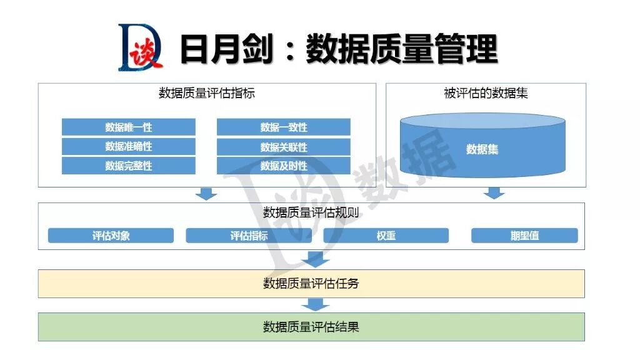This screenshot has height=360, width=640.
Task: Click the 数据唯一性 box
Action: coord(128,127)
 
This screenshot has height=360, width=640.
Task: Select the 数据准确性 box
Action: coord(128,146)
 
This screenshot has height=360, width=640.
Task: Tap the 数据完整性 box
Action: coord(128,166)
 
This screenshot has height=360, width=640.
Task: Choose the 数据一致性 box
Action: coord(283,127)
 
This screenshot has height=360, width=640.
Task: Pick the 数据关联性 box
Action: coord(283,147)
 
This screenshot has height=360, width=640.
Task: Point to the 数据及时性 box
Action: coord(283,166)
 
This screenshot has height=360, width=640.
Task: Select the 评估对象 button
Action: coord(111,236)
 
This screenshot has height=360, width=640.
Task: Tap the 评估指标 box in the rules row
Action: coord(249,236)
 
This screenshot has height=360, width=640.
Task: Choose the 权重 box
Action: coord(386,236)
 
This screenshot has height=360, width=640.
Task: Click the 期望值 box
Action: coord(524,236)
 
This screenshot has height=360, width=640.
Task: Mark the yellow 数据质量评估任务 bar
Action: coord(311,284)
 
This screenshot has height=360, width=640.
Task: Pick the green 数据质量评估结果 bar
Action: coord(311,327)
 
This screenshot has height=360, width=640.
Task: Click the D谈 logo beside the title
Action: coord(140,47)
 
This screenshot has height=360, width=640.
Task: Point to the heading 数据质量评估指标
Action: coord(207,94)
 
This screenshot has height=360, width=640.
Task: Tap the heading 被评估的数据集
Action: coord(486,94)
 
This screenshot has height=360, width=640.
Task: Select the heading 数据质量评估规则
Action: coord(311,212)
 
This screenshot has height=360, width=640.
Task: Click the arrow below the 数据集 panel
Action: coord(494,192)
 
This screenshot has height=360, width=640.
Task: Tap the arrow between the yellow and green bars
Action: coord(316,304)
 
